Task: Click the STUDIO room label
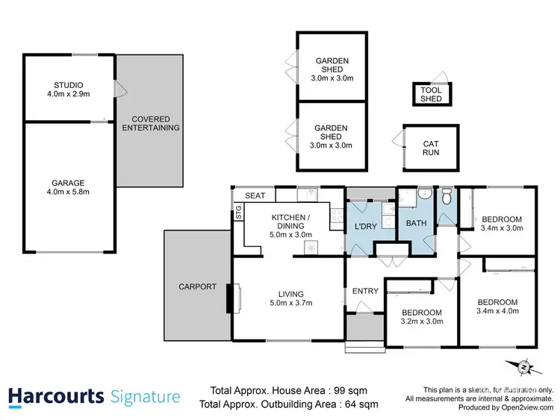click(x=68, y=84)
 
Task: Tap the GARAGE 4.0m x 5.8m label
click(x=68, y=182)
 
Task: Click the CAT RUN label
click(x=431, y=148)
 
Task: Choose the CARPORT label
click(x=197, y=286)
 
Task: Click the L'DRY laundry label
click(x=364, y=225)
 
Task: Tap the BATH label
click(x=415, y=223)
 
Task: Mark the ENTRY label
click(x=364, y=291)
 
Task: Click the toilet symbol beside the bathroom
click(x=446, y=198)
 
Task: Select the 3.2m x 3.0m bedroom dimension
click(x=422, y=322)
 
